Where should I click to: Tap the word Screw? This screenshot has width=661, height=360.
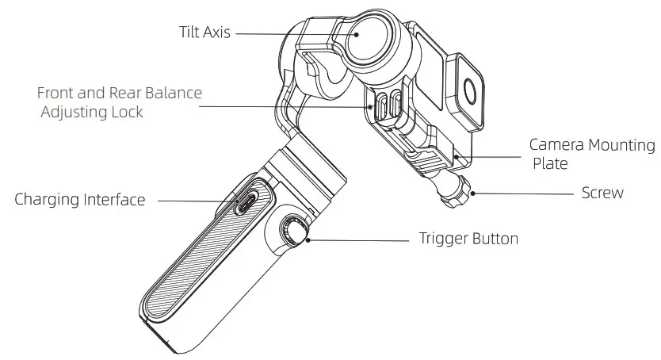(602, 193)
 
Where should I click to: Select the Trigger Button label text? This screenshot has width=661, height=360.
(468, 238)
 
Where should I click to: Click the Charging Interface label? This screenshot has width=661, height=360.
(79, 200)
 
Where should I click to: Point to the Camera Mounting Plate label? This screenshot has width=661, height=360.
(592, 146)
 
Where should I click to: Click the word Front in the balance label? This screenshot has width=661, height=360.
(55, 93)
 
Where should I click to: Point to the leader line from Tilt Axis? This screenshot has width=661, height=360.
(262, 34)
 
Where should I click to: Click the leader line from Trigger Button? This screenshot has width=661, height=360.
(357, 238)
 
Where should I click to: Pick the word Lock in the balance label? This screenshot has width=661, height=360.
(128, 112)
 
